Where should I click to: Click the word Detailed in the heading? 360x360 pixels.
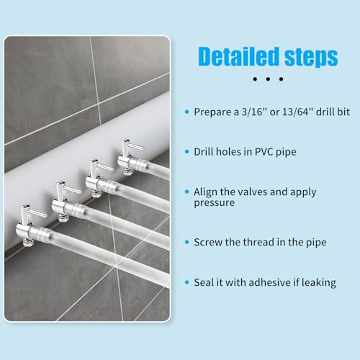pos(239,57)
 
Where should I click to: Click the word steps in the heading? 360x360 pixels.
pos(311,57)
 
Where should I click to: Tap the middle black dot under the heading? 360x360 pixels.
pos(268,78)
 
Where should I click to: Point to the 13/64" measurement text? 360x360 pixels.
pos(297,112)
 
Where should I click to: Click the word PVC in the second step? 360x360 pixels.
pos(264,152)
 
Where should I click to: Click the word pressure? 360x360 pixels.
pos(215,203)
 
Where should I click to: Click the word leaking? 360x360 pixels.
pos(319,283)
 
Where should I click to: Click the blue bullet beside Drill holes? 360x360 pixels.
pos(187,152)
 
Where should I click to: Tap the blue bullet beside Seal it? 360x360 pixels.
pos(187,282)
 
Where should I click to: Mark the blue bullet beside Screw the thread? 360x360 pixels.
pos(187,242)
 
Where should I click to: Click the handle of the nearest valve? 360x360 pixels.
pos(37,212)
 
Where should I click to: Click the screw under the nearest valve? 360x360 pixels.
pos(27,243)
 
